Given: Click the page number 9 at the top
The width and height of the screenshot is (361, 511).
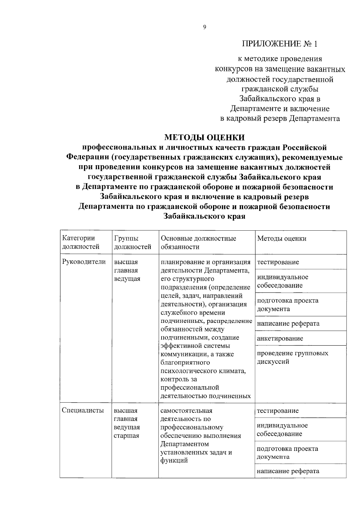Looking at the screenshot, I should (205, 27).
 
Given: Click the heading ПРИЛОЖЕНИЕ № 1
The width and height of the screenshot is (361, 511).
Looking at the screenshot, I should (280, 44).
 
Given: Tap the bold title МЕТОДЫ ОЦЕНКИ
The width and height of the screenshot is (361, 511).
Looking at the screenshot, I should (205, 138).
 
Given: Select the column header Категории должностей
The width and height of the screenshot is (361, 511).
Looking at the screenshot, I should (81, 242).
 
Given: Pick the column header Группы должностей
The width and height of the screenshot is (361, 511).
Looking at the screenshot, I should (132, 242).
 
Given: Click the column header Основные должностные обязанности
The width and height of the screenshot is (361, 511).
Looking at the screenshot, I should (198, 242).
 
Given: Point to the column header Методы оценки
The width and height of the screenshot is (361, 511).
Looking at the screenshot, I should (282, 238).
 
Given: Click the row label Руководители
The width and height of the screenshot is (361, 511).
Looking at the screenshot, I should (84, 262).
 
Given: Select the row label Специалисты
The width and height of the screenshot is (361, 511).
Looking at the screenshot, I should (83, 410).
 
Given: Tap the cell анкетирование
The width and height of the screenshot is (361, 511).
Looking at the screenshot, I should (280, 338).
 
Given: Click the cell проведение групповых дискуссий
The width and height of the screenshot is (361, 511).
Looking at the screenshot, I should (292, 357).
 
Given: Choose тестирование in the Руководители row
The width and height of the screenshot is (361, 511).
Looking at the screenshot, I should (278, 262).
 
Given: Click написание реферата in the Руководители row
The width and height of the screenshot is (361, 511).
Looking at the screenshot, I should (288, 323).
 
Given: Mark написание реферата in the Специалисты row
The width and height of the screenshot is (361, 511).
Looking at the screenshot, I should (288, 471).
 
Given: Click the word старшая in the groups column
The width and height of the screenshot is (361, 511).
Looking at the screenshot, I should (126, 435).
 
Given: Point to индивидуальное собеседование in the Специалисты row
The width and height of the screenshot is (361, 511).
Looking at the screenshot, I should (282, 429).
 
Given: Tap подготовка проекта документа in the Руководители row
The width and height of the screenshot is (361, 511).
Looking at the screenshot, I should (287, 304).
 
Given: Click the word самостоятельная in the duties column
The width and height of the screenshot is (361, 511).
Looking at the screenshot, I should (186, 411).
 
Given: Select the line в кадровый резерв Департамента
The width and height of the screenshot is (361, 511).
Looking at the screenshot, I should (280, 118).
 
